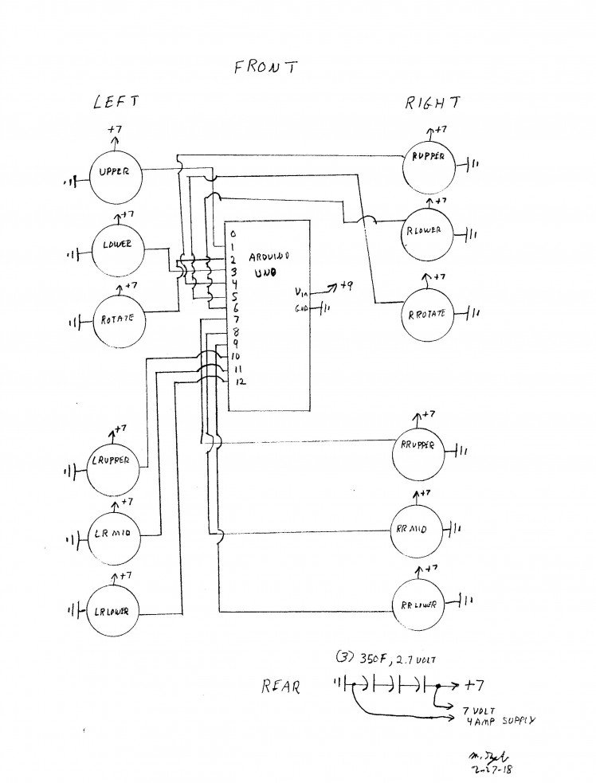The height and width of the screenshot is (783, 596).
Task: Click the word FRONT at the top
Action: coord(266,68)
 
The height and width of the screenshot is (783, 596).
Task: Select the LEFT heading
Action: coord(117,102)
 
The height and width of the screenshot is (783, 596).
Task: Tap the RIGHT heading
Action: coord(434,103)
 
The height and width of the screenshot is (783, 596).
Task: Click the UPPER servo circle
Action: coord(115,174)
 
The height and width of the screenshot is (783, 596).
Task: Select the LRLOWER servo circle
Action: coord(112,612)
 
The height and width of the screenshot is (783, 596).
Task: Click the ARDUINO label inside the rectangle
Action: coord(269,256)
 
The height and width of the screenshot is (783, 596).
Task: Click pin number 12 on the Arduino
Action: coord(239,382)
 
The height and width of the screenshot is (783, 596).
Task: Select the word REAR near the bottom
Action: coord(280,686)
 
